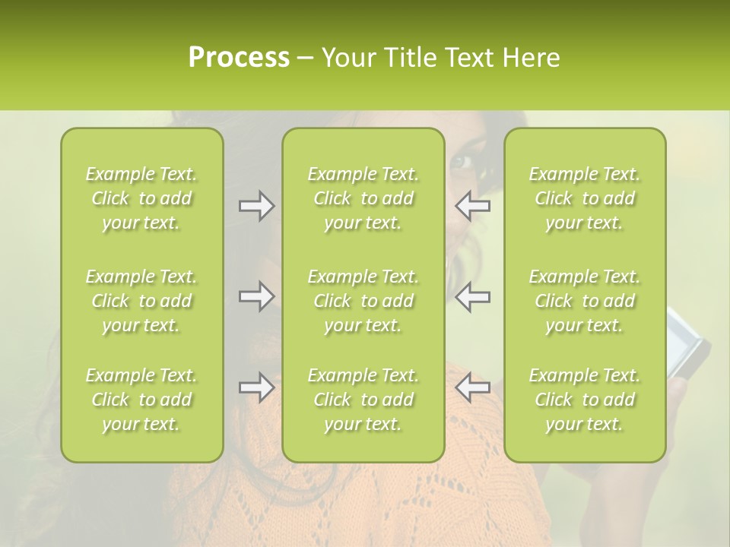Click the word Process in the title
tap(239, 58)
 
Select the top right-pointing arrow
tap(256, 206)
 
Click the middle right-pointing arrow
tap(256, 296)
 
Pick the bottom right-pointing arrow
tap(256, 387)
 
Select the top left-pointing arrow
tap(472, 206)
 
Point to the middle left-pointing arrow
tap(472, 296)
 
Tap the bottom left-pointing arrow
tap(472, 387)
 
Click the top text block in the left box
tap(141, 198)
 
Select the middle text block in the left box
tap(141, 301)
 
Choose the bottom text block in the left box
tap(141, 400)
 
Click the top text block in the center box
tap(363, 198)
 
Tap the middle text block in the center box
tap(363, 301)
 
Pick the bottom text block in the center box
tap(363, 400)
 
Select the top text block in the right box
tap(585, 198)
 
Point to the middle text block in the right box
tap(585, 301)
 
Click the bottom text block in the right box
tap(585, 400)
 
